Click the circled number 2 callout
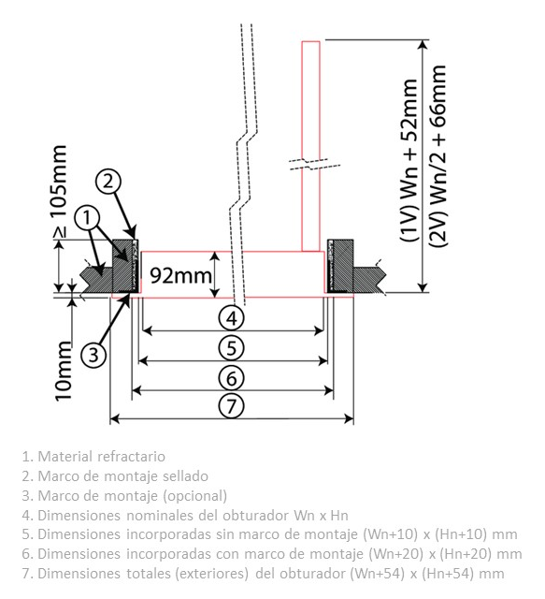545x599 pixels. [x=108, y=181]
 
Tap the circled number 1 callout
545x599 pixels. [x=87, y=218]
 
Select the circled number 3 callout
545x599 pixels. [x=93, y=356]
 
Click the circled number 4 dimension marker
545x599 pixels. [x=231, y=318]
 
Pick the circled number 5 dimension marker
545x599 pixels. [x=231, y=347]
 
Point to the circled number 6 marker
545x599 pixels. [x=231, y=378]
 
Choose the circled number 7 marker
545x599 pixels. [x=231, y=405]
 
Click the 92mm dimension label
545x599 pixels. [x=180, y=275]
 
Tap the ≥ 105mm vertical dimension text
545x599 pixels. [x=61, y=192]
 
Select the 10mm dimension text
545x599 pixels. [x=64, y=371]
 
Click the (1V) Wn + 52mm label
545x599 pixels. [x=409, y=160]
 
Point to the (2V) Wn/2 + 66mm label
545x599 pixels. [x=437, y=156]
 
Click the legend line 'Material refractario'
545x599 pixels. [x=93, y=456]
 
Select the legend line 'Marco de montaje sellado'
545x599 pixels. [x=115, y=476]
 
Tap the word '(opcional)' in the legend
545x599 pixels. [x=195, y=496]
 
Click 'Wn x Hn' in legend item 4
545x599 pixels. [x=321, y=516]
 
